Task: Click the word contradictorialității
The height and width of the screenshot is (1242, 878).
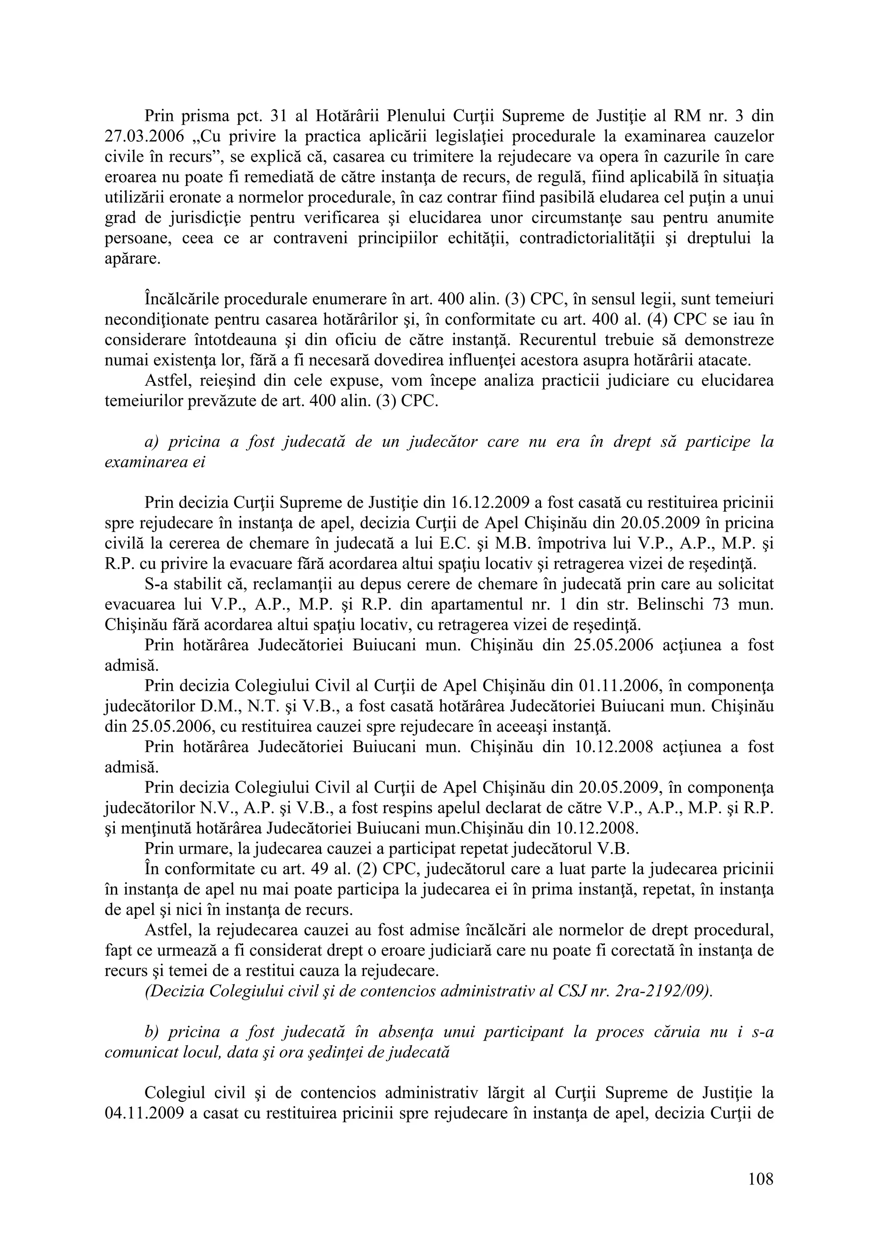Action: click(593, 239)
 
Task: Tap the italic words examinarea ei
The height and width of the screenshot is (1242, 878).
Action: click(155, 463)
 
